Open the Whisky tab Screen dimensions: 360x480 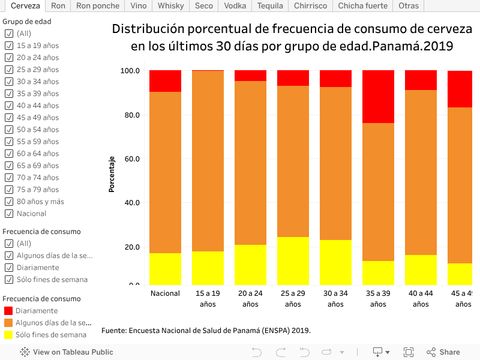tap(171, 6)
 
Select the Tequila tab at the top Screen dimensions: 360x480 tap(270, 6)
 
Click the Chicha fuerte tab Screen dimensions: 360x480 tap(362, 6)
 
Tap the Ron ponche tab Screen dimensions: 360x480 tap(97, 6)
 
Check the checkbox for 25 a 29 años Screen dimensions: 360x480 tap(9, 70)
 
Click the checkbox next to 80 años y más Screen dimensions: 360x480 tap(9, 202)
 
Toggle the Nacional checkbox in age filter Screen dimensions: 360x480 tap(9, 214)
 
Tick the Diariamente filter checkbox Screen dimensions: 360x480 tap(9, 268)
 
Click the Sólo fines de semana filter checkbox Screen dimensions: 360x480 tap(9, 280)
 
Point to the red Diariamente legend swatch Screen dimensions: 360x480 tap(8, 311)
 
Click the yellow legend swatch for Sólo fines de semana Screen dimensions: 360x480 tap(8, 335)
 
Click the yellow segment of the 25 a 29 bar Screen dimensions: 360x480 tap(293, 261)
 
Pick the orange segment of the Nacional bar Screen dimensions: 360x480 tap(166, 172)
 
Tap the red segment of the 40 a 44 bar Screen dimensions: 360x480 tap(421, 80)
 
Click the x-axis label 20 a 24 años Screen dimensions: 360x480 tap(250, 299)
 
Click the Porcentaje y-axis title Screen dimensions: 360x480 tap(112, 174)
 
